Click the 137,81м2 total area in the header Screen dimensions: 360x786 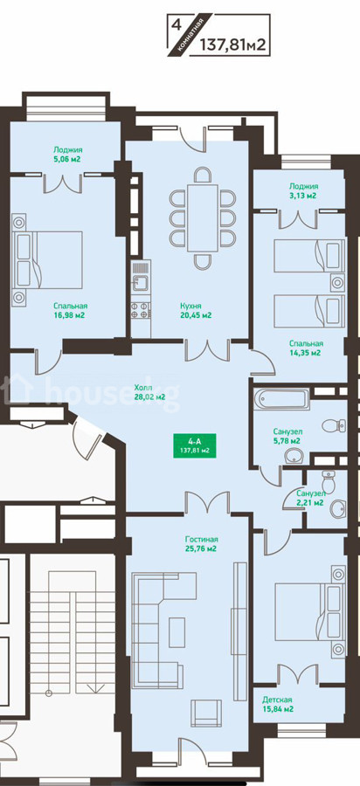click(x=232, y=45)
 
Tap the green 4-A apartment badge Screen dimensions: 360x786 click(x=195, y=445)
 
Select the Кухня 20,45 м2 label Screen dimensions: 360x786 click(x=196, y=310)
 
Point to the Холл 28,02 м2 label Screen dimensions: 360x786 click(x=150, y=392)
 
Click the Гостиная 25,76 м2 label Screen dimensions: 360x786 click(x=201, y=544)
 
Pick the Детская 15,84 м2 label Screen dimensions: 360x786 click(x=277, y=704)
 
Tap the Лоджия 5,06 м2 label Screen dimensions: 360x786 click(x=67, y=154)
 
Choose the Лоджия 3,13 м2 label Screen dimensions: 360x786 click(x=302, y=191)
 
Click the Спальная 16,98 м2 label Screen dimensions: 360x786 click(x=71, y=310)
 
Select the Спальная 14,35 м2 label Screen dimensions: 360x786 click(x=306, y=348)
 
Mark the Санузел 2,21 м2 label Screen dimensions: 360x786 click(x=308, y=498)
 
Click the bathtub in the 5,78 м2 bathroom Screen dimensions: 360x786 click(x=281, y=399)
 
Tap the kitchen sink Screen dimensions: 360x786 click(x=141, y=282)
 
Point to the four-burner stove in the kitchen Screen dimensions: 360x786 click(x=141, y=311)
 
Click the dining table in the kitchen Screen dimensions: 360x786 click(x=203, y=218)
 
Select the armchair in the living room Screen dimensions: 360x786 click(x=206, y=714)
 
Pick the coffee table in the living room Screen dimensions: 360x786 click(x=177, y=632)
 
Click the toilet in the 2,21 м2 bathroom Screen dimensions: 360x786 click(x=329, y=482)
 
